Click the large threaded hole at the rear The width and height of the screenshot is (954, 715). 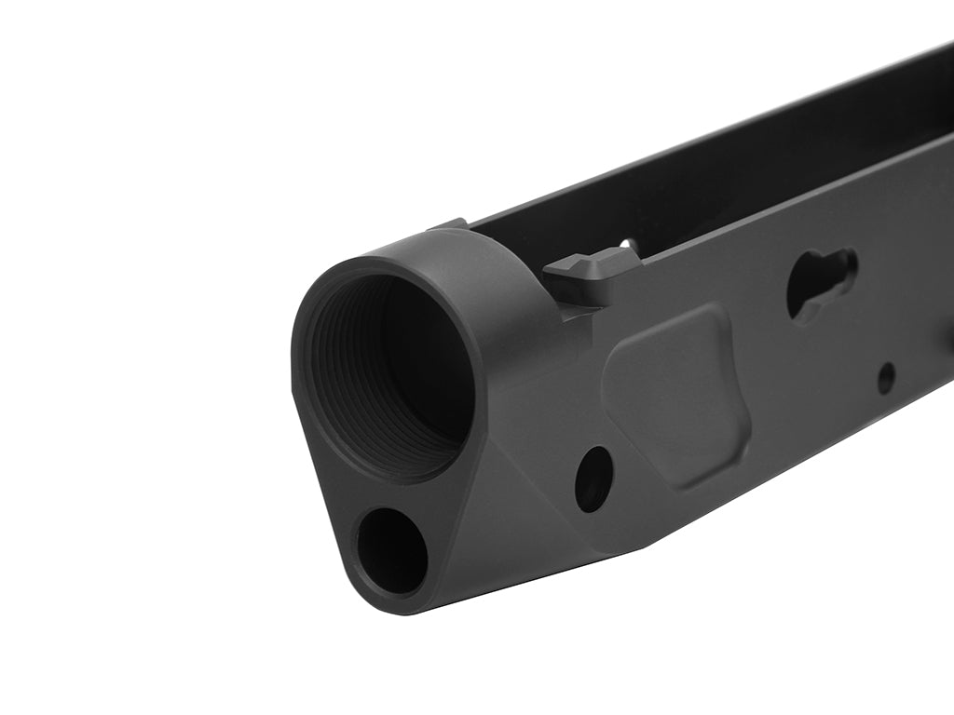click(x=391, y=372)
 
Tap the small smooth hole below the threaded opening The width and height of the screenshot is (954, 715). click(x=391, y=551)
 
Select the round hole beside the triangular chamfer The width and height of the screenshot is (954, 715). click(x=593, y=479)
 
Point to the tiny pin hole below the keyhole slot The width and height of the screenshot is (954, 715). click(x=886, y=377)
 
